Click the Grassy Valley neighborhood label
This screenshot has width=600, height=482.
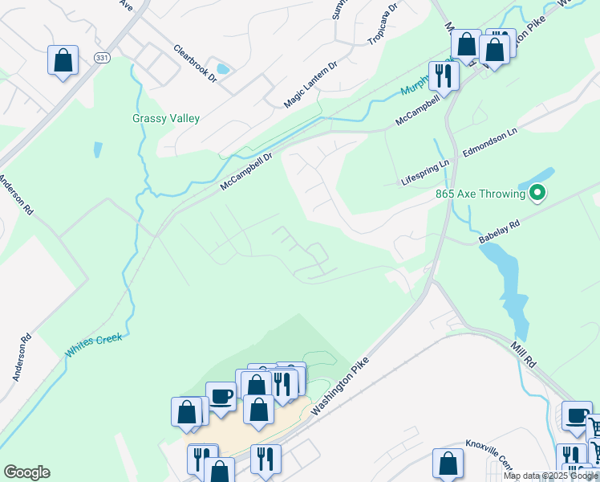pos(166,118)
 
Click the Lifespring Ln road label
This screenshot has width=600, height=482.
pos(425,173)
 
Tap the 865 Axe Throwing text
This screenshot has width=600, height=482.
pos(480,194)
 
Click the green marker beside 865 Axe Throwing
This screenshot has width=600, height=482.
pos(539,193)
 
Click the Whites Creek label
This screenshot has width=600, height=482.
pos(94,345)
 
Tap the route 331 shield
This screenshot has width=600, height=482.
pos(101,58)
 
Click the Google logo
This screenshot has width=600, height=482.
pos(26,472)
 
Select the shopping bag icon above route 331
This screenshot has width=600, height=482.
pos(63,60)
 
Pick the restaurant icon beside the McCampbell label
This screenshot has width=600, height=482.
pos(443,76)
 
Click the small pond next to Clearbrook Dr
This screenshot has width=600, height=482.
pos(222,69)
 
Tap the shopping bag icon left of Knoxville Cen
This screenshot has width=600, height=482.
pos(448,464)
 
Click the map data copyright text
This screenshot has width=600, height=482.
pos(551,476)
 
